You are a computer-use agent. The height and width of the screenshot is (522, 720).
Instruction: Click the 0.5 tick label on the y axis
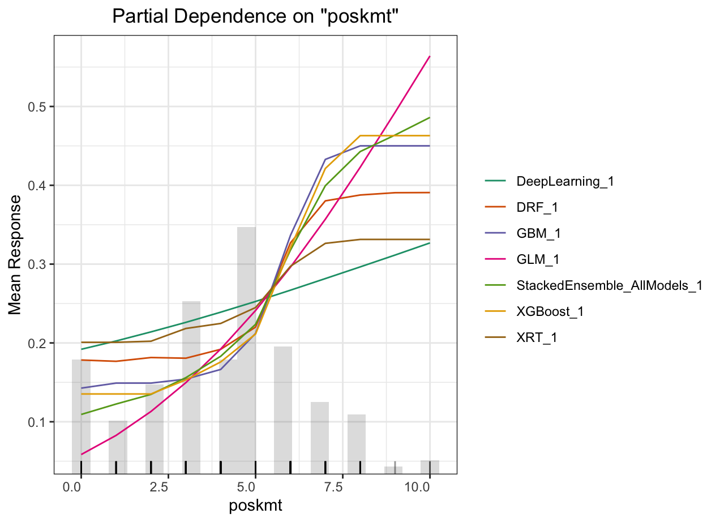tap(38, 107)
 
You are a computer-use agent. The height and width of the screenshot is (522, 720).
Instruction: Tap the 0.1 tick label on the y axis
tap(38, 422)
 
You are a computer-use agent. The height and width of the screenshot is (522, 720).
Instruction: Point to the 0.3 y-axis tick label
tap(38, 264)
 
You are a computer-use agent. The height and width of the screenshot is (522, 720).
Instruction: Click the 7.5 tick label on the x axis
tap(342, 487)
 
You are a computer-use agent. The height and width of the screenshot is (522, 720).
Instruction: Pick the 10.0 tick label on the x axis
tap(429, 487)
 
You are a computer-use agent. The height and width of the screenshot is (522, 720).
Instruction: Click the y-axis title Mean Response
tap(16, 255)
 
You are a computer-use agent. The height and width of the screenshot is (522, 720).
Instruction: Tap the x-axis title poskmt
tap(255, 506)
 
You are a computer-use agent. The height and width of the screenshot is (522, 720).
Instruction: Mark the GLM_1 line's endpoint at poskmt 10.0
tap(430, 57)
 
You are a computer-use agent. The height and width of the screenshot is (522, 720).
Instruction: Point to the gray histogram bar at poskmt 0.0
tap(81, 413)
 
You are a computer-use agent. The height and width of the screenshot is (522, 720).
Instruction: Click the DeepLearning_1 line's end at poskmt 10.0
tap(430, 243)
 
